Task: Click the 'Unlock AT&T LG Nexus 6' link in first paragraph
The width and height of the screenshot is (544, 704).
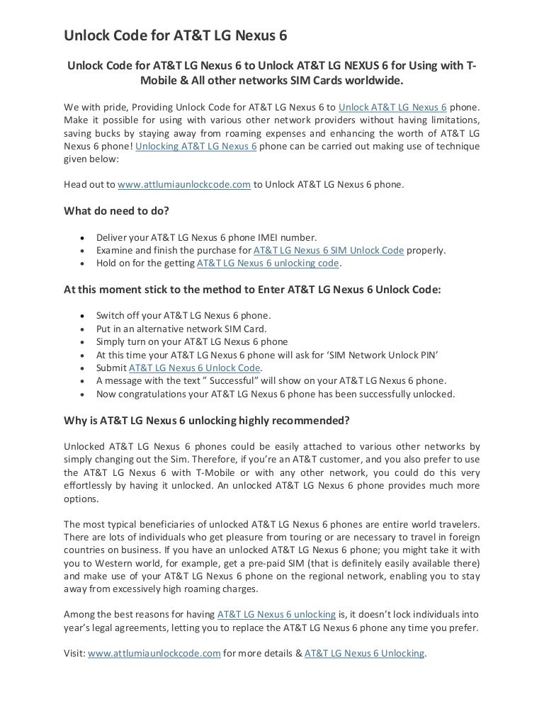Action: point(392,107)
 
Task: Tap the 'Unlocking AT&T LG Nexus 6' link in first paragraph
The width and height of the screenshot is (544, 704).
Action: point(195,147)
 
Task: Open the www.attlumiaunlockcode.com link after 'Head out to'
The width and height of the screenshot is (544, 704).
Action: point(184,184)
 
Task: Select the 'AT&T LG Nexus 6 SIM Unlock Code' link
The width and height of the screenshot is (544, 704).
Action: point(328,250)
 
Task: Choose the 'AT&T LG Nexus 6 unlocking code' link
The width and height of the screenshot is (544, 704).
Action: point(268,263)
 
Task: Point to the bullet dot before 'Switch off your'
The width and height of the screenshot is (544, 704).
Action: point(85,316)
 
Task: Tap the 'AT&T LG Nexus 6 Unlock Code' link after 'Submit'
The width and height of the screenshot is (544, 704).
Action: point(195,368)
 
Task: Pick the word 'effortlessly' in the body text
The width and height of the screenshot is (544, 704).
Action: point(91,487)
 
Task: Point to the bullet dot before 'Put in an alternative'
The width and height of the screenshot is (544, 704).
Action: point(85,329)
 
